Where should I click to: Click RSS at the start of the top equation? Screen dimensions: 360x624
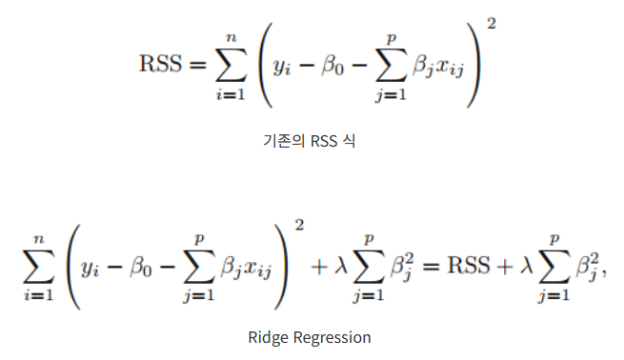coord(161,65)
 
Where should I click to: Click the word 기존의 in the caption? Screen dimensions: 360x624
coord(282,142)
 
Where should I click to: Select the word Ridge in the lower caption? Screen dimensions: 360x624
coord(267,337)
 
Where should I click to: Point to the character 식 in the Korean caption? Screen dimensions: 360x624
coord(349,142)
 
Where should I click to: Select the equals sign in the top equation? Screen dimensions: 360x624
coord(196,65)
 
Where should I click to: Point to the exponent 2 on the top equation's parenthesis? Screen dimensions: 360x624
coord(491,22)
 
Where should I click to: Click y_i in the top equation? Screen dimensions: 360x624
coord(281,67)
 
